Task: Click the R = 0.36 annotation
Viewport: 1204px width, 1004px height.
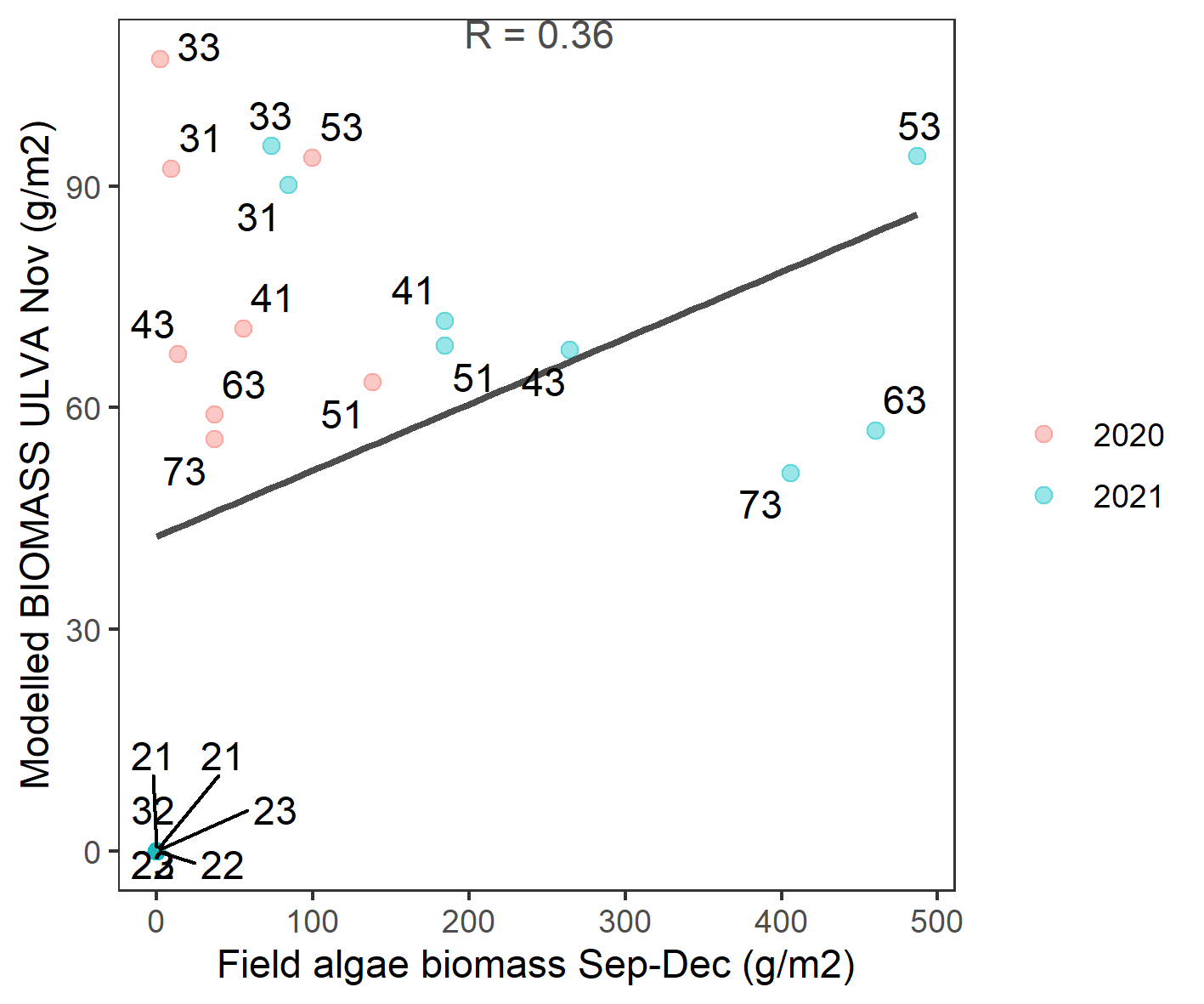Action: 539,36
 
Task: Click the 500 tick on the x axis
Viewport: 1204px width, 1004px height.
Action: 936,922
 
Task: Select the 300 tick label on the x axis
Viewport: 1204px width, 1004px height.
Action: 625,922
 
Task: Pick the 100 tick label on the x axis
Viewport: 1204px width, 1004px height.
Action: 312,922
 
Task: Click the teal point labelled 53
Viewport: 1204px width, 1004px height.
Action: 917,156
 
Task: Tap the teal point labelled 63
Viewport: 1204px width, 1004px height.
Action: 875,430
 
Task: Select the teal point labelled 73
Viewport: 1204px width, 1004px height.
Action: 790,473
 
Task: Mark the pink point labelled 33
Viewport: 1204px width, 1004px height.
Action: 160,59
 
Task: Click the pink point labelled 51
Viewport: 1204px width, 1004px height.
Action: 372,382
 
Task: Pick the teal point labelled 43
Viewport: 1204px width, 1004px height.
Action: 569,349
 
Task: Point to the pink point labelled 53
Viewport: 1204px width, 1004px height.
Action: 312,157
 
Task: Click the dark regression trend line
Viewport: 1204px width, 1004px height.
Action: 535,375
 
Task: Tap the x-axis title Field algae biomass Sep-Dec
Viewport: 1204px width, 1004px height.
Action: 535,966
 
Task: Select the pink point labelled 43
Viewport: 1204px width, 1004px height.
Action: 178,354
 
